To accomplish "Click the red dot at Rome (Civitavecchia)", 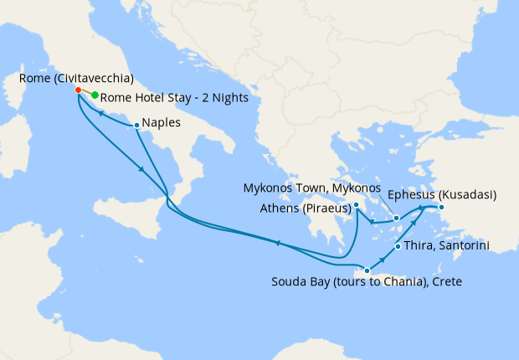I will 78,90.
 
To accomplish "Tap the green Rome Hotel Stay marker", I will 95,95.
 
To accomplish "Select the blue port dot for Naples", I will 136,126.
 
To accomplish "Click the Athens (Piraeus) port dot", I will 357,204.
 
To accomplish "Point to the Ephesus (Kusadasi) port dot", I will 441,208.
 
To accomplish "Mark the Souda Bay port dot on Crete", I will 367,270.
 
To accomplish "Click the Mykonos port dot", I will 397,218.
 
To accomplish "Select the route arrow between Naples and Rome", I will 100,113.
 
